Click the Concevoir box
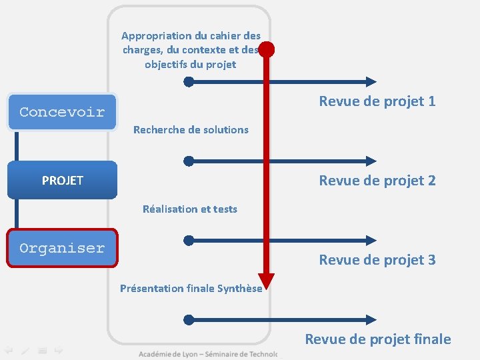62,111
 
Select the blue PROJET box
62,180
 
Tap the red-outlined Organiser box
62,248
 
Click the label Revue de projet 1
377,101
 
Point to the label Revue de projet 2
377,180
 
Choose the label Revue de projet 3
377,259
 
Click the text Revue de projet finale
378,339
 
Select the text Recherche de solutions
191,129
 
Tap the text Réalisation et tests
190,209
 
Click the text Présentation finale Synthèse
191,288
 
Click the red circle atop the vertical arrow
267,49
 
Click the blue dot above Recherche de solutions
189,82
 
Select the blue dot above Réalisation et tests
189,161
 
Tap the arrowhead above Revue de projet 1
371,82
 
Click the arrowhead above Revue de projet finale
371,320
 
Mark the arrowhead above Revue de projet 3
371,240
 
